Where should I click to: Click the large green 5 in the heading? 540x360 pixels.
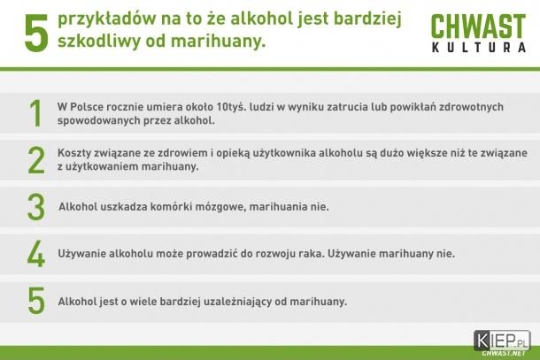(36, 34)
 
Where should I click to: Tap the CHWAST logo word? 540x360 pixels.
(478, 27)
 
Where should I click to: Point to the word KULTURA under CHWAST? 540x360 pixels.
(479, 47)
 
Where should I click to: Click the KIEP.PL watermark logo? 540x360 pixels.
(502, 340)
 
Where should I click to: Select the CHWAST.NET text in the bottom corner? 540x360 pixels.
(504, 354)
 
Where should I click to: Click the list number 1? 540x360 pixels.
(35, 113)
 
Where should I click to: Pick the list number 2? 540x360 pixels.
(36, 160)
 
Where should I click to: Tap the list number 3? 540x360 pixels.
(36, 207)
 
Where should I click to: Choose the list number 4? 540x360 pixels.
(36, 254)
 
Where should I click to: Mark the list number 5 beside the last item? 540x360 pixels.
(36, 301)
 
